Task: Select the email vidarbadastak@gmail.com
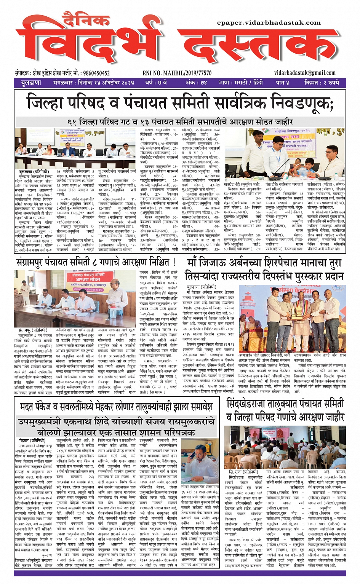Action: click(x=304, y=73)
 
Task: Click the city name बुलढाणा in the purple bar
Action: click(x=31, y=83)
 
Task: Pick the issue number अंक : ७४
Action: click(x=196, y=83)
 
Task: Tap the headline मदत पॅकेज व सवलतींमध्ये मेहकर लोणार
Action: click(x=117, y=407)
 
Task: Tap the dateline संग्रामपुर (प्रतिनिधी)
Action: click(x=33, y=330)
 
